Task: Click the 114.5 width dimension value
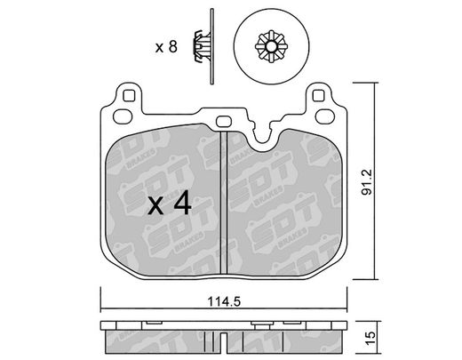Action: pos(224,302)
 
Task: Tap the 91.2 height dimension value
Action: pos(367,182)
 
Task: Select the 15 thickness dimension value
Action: pos(370,339)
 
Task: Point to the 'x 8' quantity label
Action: pos(166,47)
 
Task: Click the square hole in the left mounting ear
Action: pos(129,95)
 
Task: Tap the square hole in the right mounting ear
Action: pos(318,95)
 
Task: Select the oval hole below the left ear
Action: pos(123,116)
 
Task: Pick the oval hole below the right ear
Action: pos(325,116)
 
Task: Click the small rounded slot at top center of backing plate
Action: pos(224,121)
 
